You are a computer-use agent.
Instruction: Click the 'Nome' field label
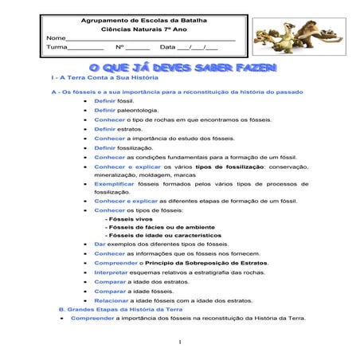pos(55,37)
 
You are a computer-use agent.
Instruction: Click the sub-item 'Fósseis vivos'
pos(129,218)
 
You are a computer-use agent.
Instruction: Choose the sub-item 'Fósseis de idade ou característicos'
pos(163,236)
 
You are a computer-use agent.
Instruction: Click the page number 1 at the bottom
pos(181,343)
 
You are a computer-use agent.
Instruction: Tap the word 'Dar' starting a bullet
pos(99,244)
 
